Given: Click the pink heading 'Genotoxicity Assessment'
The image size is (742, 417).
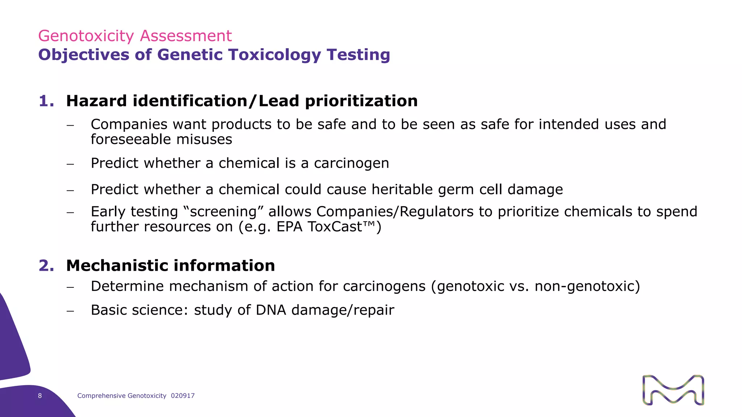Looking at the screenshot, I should click(135, 36).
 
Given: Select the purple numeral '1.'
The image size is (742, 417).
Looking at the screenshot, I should click(46, 101).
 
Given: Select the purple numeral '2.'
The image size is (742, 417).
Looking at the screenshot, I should click(46, 266).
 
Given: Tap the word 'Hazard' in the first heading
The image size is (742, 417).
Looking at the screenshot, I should click(96, 101).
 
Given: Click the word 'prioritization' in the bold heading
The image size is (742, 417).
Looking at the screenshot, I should click(361, 101).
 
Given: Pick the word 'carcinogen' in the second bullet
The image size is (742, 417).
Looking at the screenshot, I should click(351, 163).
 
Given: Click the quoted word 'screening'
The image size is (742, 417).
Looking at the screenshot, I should click(223, 212).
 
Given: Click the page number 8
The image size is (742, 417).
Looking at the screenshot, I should click(40, 396).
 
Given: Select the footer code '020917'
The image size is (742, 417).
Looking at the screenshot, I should click(183, 396).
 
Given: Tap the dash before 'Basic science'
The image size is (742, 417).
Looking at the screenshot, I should click(70, 311).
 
